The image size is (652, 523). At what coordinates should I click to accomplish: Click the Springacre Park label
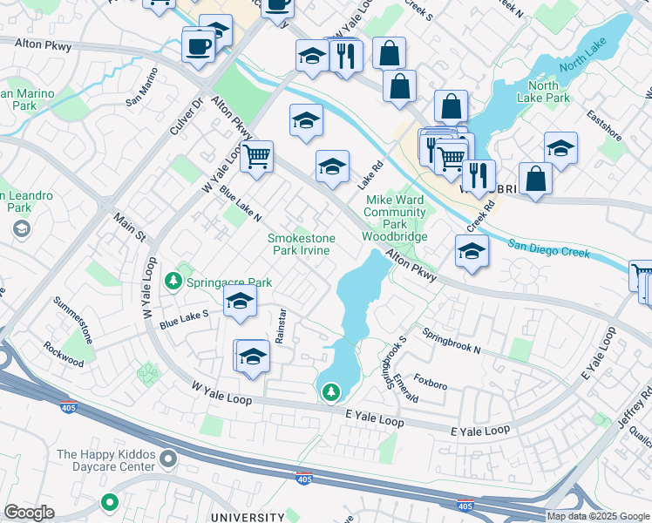tap(230, 283)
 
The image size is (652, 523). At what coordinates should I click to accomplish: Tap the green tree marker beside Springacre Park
tap(175, 281)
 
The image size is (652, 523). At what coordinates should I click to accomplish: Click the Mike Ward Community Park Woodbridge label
tap(395, 218)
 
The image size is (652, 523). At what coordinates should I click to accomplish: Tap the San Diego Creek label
tap(548, 248)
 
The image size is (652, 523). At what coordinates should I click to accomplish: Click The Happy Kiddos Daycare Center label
tap(105, 460)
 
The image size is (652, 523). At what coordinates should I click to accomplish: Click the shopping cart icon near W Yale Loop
tap(256, 158)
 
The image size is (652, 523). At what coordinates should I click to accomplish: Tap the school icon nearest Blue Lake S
tap(240, 302)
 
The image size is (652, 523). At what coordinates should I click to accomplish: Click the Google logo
tap(29, 513)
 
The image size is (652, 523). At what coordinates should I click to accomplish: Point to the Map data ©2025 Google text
tap(598, 516)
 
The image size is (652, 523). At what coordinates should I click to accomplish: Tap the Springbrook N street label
tap(452, 341)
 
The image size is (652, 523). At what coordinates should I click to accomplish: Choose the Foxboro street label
tap(431, 382)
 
